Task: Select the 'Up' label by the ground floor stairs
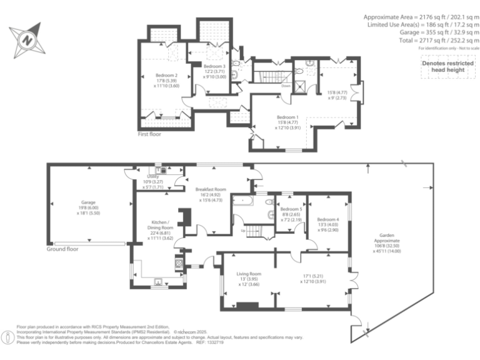[242, 231]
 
